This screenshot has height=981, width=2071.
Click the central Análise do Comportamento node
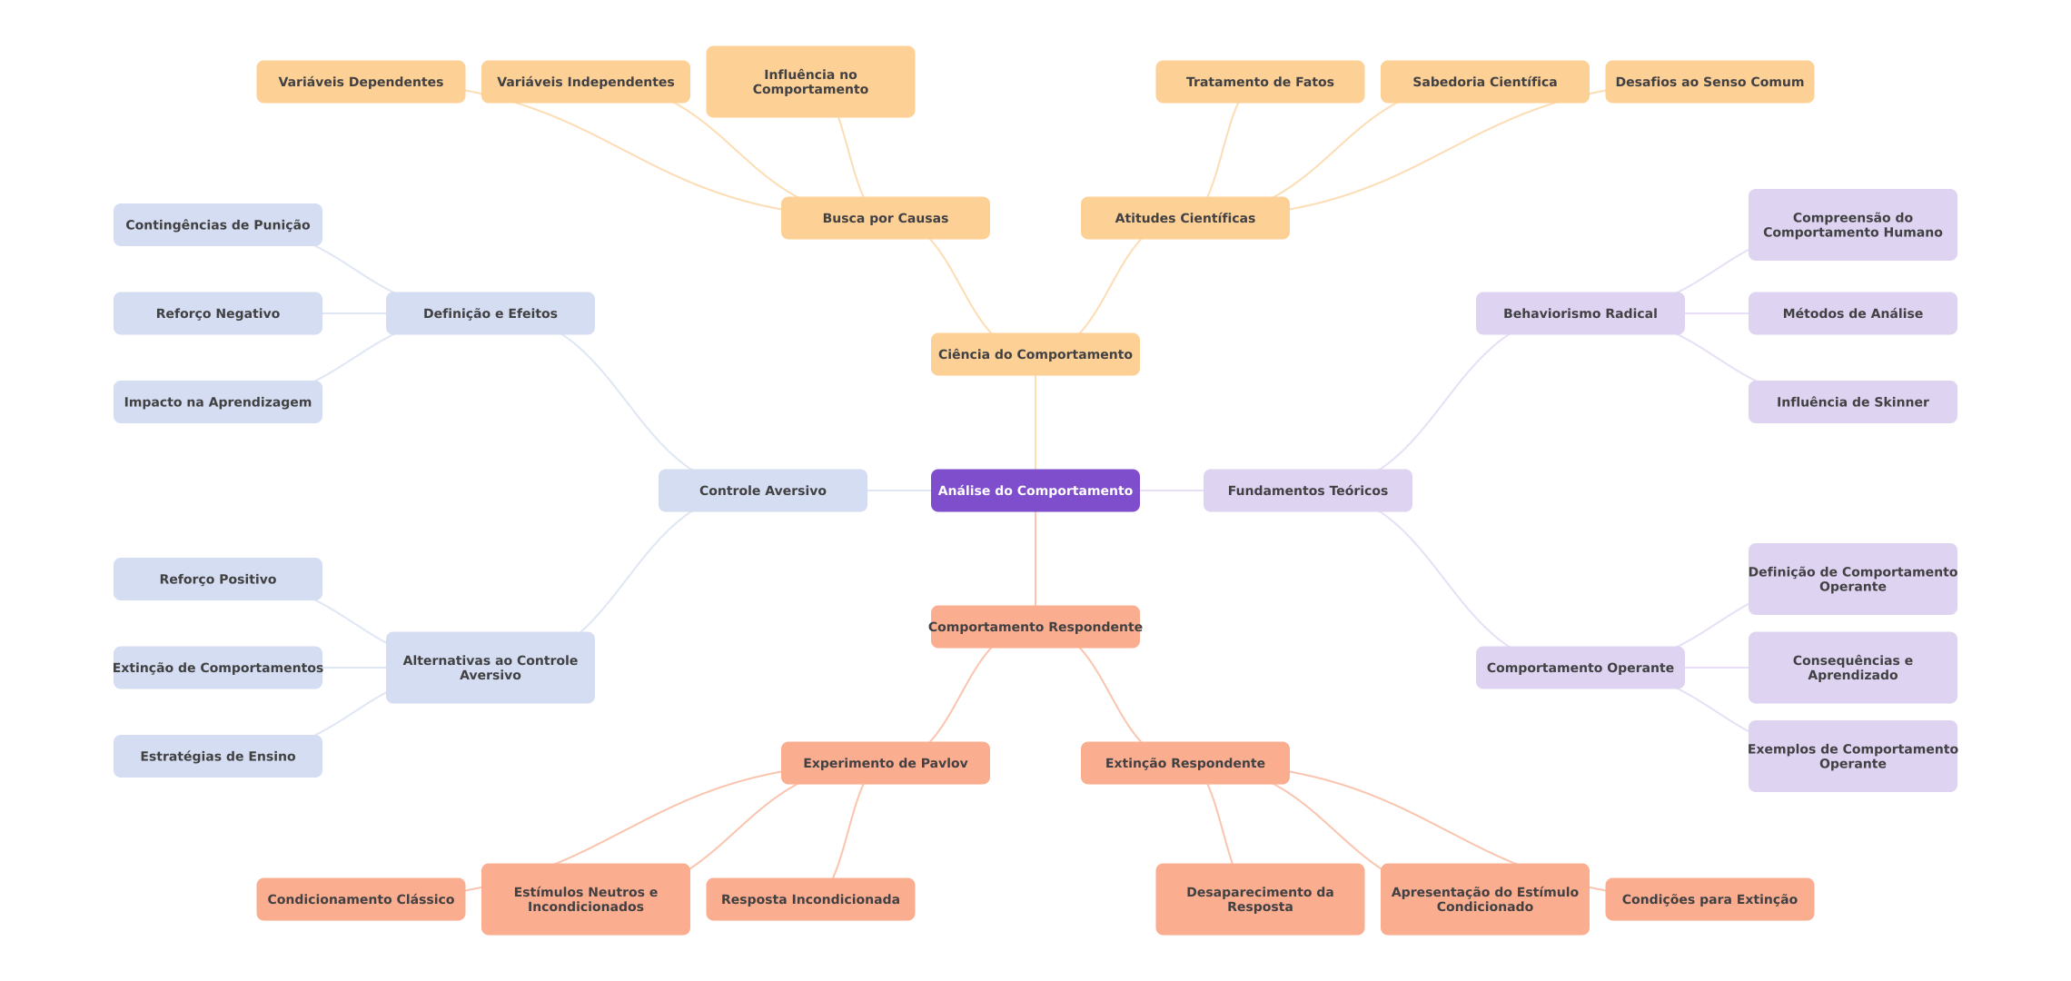pos(1035,490)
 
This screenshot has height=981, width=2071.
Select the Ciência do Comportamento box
pos(1035,354)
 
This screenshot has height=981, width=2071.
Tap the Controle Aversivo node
pos(762,490)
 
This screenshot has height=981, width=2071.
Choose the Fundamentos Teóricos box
pos(1307,490)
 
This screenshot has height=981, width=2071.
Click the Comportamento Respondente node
pos(1035,627)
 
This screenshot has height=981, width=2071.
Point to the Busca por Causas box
pos(885,218)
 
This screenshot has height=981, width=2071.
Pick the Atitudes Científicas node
pos(1184,218)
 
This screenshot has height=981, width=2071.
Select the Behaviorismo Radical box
pos(1580,313)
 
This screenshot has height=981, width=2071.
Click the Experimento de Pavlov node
pos(885,763)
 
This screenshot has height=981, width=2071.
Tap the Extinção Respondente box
pos(1184,763)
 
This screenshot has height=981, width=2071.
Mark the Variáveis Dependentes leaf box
pos(361,82)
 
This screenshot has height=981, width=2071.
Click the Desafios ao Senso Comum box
pos(1709,82)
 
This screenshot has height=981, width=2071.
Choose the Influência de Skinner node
pos(1852,401)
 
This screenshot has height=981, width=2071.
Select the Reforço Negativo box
pos(217,313)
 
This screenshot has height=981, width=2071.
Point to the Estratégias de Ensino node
pos(217,756)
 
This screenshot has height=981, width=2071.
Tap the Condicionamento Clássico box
pos(361,899)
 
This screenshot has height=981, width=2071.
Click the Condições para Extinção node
pos(1709,899)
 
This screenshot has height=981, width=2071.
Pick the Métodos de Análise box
pos(1852,313)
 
